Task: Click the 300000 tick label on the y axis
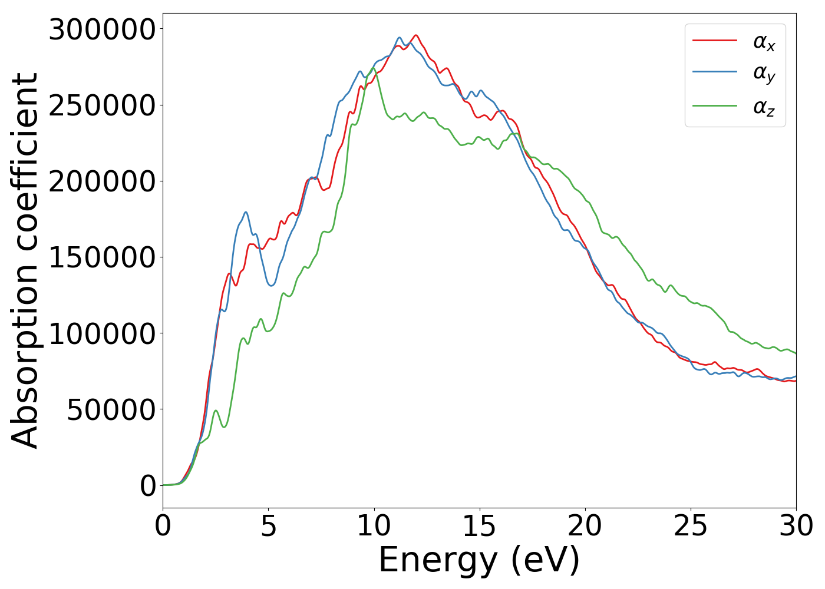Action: click(x=102, y=29)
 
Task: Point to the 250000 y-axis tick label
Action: click(x=102, y=105)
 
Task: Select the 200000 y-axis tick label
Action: click(x=102, y=181)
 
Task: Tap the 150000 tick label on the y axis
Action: click(x=102, y=257)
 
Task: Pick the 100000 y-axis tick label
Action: click(x=102, y=333)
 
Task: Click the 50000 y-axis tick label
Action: click(x=111, y=409)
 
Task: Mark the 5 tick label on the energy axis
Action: click(x=268, y=525)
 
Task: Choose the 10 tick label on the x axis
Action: click(x=374, y=525)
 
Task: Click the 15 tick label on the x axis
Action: click(x=479, y=525)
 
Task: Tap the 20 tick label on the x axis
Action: click(x=585, y=525)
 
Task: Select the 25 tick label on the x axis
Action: click(x=690, y=525)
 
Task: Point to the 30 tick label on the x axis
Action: click(x=796, y=525)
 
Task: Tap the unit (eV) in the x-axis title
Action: click(x=545, y=560)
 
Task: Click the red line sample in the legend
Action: click(x=714, y=41)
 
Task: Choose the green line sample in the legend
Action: click(x=714, y=106)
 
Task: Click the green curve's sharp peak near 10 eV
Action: click(x=373, y=68)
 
